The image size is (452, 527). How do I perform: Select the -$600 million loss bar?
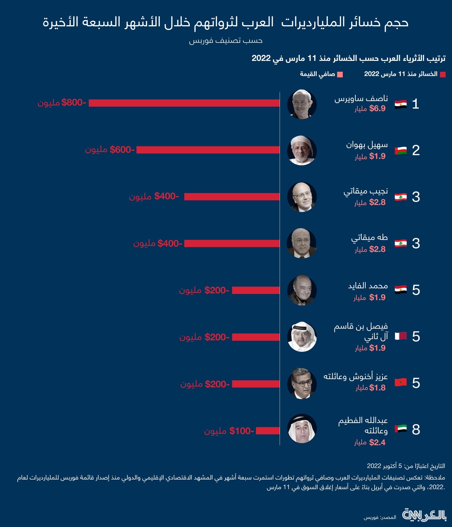click(208, 150)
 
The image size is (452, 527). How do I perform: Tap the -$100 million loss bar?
click(268, 431)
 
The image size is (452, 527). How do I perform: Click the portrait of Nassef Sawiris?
click(302, 104)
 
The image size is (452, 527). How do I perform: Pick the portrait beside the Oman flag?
click(302, 150)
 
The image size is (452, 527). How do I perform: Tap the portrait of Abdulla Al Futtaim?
click(302, 429)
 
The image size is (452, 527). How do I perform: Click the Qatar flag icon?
click(400, 336)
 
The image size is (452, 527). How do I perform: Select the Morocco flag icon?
click(400, 382)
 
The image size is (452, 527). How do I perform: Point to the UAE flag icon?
click(400, 429)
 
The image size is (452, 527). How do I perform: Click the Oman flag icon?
click(400, 151)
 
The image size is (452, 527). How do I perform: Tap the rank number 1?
click(416, 104)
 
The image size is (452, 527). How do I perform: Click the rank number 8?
click(416, 429)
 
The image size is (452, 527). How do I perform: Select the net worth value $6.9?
click(377, 109)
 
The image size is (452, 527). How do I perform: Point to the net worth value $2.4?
click(377, 442)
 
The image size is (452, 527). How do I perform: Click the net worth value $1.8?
click(377, 388)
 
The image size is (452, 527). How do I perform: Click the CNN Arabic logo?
click(424, 515)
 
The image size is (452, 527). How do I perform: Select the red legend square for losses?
click(443, 74)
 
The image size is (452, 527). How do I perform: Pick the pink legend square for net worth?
click(340, 74)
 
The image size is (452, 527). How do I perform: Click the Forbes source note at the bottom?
click(380, 517)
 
